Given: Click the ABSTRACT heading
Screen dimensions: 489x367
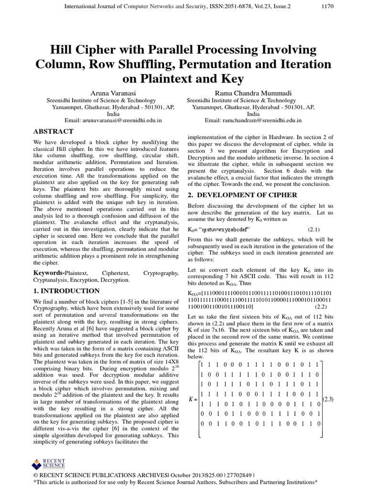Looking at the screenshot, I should [53, 131].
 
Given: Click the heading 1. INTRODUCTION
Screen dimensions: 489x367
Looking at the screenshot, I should [66, 291].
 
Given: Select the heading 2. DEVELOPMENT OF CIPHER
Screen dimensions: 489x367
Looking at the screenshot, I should [242, 195].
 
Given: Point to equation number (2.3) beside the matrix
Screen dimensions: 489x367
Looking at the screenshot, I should [329, 399].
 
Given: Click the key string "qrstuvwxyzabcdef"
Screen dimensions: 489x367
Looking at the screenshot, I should [226, 230].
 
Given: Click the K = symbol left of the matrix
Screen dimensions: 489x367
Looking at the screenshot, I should [193, 399].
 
